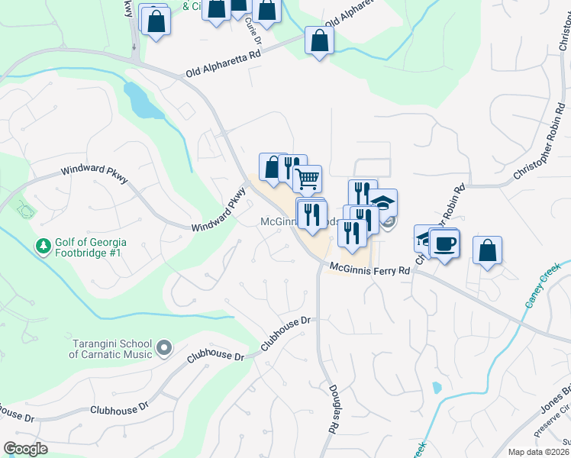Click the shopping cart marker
307,179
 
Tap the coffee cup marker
445,244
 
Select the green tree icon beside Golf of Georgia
44,247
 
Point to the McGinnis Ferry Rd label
370,269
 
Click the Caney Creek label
542,285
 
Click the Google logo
25,449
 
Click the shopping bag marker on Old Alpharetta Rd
318,41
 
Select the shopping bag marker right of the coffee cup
487,251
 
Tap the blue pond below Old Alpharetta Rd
143,100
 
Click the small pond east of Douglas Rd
436,387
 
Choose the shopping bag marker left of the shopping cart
273,167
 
